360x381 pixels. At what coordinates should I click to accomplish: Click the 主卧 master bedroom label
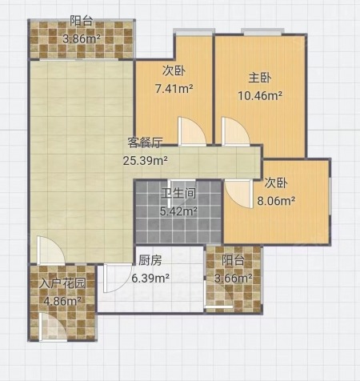260,78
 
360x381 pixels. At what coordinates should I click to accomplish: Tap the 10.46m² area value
260,95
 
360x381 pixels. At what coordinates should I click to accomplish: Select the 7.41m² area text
174,88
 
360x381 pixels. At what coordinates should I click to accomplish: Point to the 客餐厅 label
145,142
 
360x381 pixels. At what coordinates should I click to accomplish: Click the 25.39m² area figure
146,161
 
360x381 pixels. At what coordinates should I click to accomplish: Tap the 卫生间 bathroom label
178,193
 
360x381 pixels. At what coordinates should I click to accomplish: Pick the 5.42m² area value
178,211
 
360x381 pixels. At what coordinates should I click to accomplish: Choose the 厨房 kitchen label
150,260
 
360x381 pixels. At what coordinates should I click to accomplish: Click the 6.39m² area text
150,279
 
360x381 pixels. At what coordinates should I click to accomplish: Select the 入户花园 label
62,283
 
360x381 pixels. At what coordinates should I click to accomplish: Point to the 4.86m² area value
62,301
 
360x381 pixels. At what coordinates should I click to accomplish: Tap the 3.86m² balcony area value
82,39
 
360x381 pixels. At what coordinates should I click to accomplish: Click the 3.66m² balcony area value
234,279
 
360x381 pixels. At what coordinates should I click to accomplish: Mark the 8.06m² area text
276,200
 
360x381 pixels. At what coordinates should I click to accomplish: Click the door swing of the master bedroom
236,131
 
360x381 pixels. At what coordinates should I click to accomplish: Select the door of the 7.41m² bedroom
192,131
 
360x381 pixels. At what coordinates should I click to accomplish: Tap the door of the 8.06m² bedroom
239,194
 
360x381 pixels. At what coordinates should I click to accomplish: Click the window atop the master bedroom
262,32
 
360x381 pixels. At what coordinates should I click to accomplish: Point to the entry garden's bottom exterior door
53,327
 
